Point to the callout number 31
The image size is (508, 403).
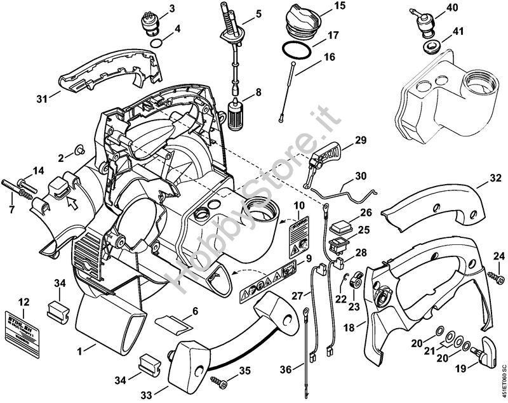click(x=43, y=100)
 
